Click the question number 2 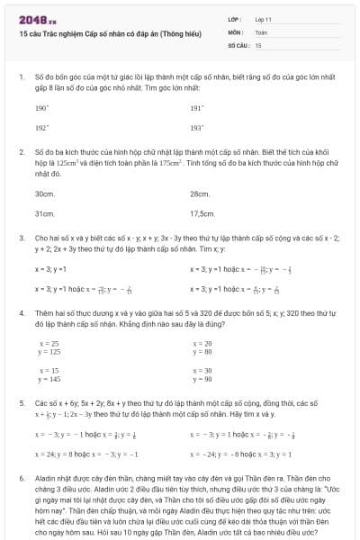(x=21, y=153)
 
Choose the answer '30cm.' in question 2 (x=44, y=193)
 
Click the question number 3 (x=21, y=238)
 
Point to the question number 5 (x=21, y=405)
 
